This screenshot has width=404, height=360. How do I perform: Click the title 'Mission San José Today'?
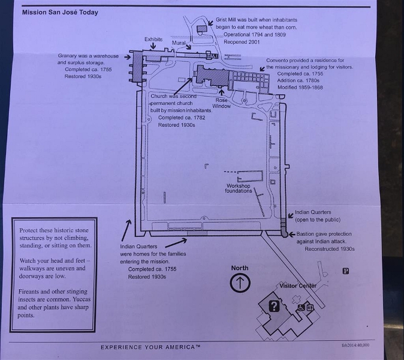[61, 12]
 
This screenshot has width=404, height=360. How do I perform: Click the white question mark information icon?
[274, 307]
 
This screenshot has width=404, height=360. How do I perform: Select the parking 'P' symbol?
[346, 271]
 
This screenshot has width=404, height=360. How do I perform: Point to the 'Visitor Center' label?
[298, 286]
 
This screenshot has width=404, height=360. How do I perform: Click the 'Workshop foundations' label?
[238, 188]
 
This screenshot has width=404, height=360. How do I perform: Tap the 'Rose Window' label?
[222, 103]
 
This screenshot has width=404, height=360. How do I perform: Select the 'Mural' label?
[179, 43]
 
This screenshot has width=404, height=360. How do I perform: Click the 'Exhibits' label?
[153, 40]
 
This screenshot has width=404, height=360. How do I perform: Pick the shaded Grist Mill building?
[202, 28]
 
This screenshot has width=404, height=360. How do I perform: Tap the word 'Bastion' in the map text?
[307, 234]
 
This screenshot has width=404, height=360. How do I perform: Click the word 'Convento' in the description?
[278, 61]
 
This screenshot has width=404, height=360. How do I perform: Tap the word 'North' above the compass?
[240, 268]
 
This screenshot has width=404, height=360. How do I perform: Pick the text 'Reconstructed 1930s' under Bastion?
[329, 248]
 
